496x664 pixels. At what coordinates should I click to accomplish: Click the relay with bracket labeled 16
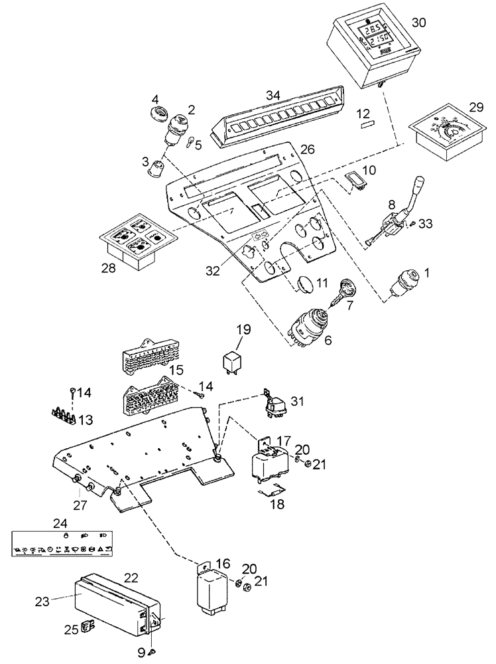[212, 586]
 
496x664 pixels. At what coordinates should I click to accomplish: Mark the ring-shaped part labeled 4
[159, 112]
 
